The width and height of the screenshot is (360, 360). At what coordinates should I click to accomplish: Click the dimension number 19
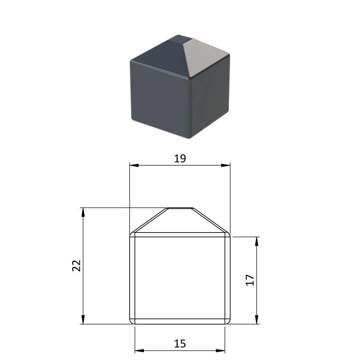(x=180, y=159)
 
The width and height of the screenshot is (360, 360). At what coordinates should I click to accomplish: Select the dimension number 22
(x=76, y=266)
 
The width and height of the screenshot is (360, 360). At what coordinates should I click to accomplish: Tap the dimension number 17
(x=250, y=280)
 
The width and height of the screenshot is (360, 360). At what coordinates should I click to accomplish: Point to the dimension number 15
(x=180, y=344)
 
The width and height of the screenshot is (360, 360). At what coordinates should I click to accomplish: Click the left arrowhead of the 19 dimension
(x=134, y=165)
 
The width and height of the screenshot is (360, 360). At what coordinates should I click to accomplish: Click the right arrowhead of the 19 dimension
(x=225, y=165)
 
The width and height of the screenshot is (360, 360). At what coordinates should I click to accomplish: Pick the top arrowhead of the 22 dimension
(x=83, y=212)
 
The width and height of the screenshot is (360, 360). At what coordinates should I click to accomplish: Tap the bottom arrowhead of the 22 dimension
(x=83, y=319)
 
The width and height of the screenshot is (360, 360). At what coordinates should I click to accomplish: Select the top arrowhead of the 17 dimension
(x=257, y=241)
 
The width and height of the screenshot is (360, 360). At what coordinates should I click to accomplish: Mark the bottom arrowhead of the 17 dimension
(x=257, y=319)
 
